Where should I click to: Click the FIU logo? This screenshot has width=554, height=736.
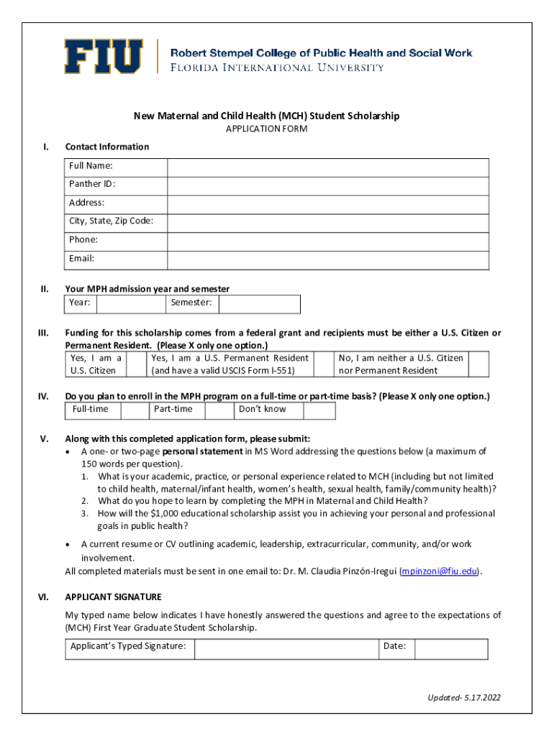point(104,56)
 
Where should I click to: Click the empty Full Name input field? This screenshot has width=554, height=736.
point(328,167)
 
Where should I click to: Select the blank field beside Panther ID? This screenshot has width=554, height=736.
point(328,185)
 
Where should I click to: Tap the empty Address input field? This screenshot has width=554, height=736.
point(328,203)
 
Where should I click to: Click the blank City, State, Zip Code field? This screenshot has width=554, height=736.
point(328,222)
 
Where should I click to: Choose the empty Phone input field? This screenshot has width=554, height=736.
point(328,241)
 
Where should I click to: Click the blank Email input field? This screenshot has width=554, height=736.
point(328,259)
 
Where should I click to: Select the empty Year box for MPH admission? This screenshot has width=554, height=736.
point(131,304)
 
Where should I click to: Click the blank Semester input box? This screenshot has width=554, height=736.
point(260,304)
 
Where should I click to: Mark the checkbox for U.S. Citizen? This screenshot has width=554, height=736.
point(136,364)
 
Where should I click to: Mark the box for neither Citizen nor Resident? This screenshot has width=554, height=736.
point(478,364)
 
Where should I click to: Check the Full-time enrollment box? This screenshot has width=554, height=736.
point(135,410)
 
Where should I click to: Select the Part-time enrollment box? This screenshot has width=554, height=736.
point(219,410)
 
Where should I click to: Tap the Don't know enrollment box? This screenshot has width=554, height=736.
point(319,410)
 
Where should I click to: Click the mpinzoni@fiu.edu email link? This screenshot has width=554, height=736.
point(440,572)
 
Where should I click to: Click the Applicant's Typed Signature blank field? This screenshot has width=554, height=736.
point(286,649)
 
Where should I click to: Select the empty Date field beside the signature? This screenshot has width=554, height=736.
point(452,649)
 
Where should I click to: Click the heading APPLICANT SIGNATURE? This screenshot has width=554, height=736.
point(113,597)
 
